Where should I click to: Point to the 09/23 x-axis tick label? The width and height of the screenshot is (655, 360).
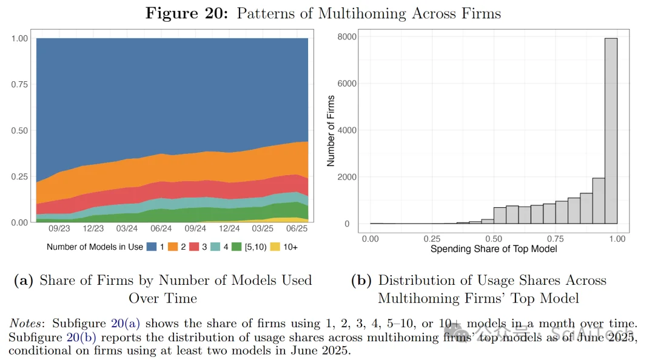point(59,229)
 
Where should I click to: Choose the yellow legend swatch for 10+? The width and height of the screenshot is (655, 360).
point(277,247)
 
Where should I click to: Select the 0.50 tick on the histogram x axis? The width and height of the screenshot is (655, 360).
point(494,239)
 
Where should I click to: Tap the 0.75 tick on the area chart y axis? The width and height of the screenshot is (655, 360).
point(19,84)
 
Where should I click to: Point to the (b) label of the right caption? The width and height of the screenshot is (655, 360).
point(362,280)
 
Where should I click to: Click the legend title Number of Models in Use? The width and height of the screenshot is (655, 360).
point(95,247)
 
